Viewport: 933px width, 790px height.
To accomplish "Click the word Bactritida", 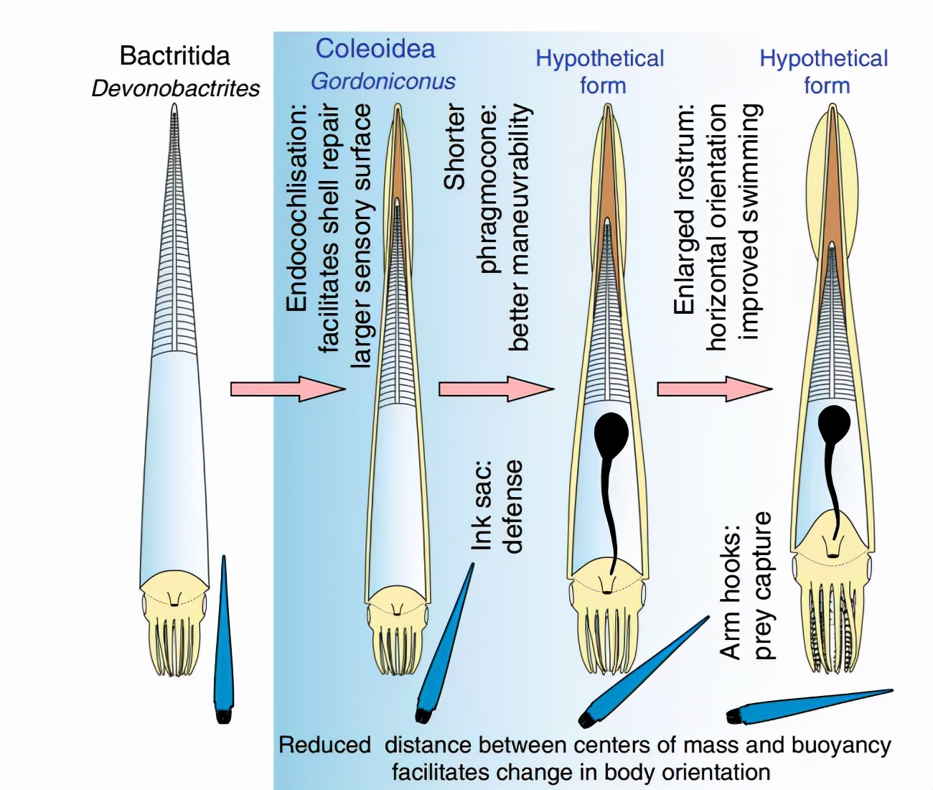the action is tap(174, 56).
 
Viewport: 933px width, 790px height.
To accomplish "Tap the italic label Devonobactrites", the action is tap(176, 88).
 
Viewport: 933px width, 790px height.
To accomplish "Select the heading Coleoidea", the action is tap(375, 49).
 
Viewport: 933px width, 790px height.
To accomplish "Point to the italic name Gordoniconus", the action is tap(383, 81).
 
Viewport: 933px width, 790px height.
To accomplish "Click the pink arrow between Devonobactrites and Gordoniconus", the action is tap(288, 389).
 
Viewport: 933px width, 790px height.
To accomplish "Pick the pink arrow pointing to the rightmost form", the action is tap(715, 389).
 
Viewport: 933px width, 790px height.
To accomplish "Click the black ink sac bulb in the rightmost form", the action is tap(834, 423).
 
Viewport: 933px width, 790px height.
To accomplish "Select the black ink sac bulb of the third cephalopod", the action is tap(612, 432).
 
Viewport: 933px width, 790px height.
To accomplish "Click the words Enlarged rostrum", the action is tap(684, 210).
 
